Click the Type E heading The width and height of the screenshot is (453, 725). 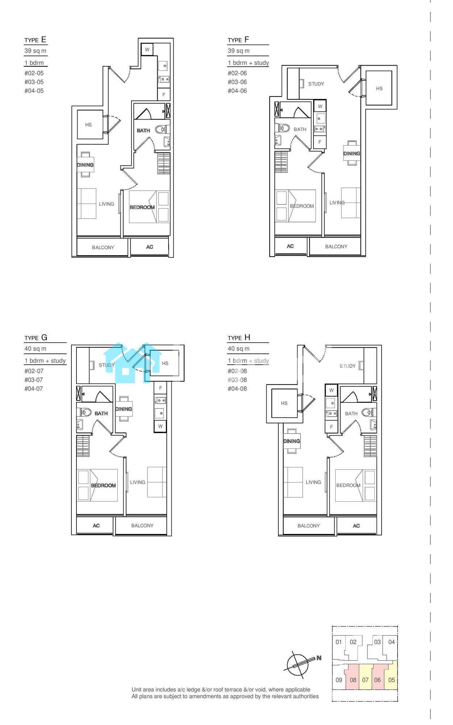click(x=35, y=40)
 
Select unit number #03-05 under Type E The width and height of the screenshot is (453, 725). click(x=34, y=82)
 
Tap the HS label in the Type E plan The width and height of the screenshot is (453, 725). click(x=88, y=125)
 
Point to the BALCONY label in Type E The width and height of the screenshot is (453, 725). click(x=103, y=248)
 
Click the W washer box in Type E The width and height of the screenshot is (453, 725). click(x=147, y=50)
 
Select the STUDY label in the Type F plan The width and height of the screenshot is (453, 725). click(x=316, y=84)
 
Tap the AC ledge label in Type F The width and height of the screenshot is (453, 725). click(x=290, y=246)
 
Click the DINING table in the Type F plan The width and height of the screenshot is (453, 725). click(x=352, y=153)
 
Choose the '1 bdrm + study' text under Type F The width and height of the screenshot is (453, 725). click(x=248, y=63)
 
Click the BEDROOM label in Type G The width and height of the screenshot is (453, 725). click(x=103, y=485)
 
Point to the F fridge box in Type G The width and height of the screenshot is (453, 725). click(x=161, y=388)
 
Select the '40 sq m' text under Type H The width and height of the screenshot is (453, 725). click(x=238, y=349)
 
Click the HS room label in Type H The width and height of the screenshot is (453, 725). click(x=284, y=403)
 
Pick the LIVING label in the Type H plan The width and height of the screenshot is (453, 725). click(x=313, y=482)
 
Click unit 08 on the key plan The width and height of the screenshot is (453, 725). click(x=353, y=680)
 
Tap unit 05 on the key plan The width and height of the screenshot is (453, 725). click(x=391, y=680)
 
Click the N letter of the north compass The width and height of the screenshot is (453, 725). click(x=319, y=658)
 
